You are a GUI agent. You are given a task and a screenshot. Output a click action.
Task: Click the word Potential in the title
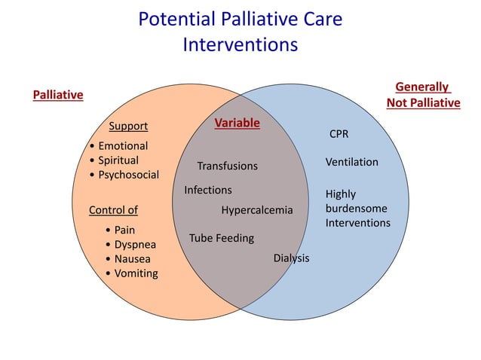point(174,20)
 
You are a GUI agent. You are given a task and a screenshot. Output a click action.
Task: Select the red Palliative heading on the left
point(58,95)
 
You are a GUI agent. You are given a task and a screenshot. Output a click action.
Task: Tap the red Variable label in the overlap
point(237,123)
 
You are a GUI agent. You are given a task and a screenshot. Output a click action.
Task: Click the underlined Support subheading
point(128,126)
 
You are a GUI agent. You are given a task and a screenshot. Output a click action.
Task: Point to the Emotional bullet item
point(122,145)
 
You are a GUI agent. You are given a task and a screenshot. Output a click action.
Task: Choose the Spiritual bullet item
point(118,160)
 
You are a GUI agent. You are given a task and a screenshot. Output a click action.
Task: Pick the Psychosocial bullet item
point(128,175)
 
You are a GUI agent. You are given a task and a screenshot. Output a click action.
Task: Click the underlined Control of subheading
point(113,209)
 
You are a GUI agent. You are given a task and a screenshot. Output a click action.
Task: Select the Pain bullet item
point(124,230)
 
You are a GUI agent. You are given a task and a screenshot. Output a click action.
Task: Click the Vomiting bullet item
point(136,273)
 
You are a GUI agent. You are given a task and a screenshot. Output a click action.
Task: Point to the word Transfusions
point(227,166)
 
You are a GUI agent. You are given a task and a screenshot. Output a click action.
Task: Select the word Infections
point(208,190)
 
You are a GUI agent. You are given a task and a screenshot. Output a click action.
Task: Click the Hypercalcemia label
point(256,209)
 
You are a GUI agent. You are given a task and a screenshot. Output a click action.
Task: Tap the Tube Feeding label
point(222,238)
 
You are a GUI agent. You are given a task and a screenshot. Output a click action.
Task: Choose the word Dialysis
point(291,258)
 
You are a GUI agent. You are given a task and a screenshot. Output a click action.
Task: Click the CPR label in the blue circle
point(339,134)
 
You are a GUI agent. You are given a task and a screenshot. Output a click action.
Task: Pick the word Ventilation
point(352,162)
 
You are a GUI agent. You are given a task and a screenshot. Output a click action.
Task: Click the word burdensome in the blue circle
point(358,209)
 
